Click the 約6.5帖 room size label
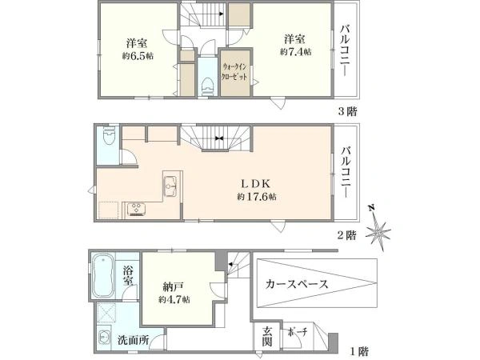point(138,56)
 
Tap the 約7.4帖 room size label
point(296,52)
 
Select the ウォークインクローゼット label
point(234,72)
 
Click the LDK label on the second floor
point(256,184)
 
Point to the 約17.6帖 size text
point(257,197)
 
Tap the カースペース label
point(297,284)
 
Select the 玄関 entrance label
point(267,337)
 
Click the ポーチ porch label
point(297,332)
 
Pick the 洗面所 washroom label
point(134,340)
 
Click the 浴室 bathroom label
point(128,275)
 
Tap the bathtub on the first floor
point(103,276)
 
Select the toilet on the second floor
point(109,135)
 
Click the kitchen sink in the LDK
point(170,186)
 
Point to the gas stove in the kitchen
point(136,210)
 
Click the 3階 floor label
point(347,111)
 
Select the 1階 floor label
point(359,351)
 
